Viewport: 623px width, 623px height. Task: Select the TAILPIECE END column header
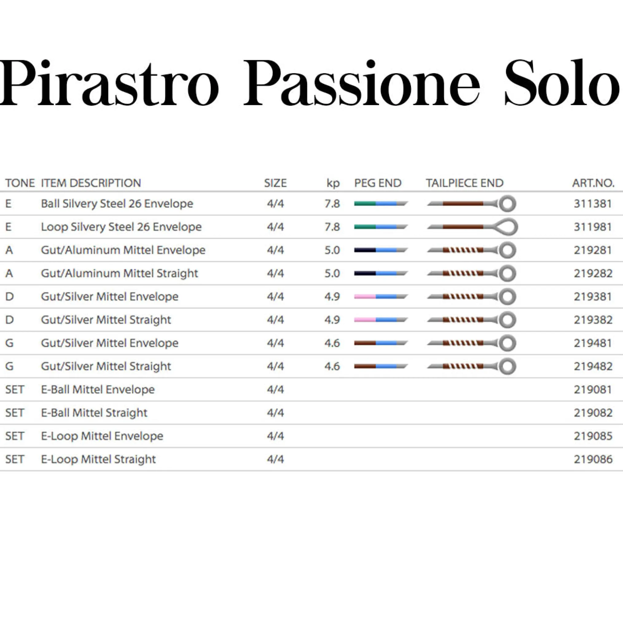tap(465, 183)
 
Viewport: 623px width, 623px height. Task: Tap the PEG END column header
tap(378, 183)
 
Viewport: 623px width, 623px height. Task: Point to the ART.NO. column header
tap(593, 183)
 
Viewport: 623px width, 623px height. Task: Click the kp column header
tap(333, 183)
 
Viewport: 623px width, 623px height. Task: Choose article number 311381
tap(593, 203)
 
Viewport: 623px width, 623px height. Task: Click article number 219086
tap(593, 459)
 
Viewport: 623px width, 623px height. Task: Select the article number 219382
tap(593, 319)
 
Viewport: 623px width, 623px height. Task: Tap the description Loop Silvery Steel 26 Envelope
tap(121, 227)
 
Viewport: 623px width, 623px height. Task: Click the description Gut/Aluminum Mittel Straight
tap(119, 273)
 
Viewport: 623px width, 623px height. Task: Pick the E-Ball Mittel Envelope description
tap(98, 389)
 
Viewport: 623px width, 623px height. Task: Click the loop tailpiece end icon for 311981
tap(473, 227)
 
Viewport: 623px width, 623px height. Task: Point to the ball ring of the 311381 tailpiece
tap(507, 203)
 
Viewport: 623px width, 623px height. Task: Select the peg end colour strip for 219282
tap(381, 273)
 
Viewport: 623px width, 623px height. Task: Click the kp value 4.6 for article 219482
tap(332, 366)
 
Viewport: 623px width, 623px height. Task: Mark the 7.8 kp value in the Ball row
tap(332, 203)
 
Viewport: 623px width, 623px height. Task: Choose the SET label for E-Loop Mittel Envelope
tap(15, 436)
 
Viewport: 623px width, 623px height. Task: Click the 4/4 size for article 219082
tap(275, 413)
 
